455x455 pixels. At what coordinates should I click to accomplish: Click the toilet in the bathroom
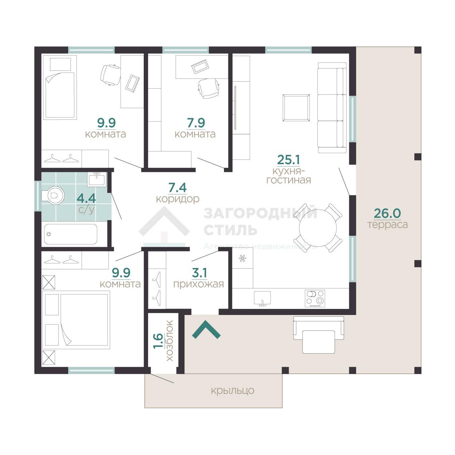[53, 195]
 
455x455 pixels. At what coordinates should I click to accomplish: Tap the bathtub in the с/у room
[71, 234]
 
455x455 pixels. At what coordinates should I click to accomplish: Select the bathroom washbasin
[97, 179]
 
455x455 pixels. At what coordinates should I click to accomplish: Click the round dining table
[318, 228]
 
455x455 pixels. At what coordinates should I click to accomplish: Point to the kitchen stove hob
[315, 299]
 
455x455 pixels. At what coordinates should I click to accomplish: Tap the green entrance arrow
[207, 329]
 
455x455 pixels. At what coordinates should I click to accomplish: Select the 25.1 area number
[288, 160]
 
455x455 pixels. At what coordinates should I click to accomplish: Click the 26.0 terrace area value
[388, 214]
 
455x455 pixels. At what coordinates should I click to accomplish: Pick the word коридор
[178, 199]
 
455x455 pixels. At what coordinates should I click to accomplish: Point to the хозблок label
[170, 340]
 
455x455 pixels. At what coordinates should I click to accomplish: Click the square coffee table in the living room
[296, 108]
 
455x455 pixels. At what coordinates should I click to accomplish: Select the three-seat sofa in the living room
[332, 108]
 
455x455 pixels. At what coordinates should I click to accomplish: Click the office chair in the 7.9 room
[209, 88]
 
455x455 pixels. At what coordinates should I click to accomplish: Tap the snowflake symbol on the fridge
[242, 259]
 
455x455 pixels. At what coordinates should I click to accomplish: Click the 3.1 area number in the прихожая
[199, 273]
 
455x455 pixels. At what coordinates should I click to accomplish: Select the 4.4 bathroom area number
[86, 198]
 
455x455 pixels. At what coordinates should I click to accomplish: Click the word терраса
[388, 224]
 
